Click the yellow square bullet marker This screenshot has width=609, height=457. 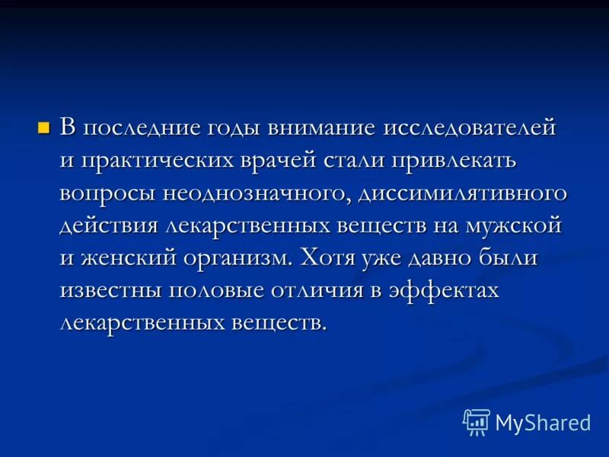point(43,126)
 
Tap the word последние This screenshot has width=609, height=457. point(142,127)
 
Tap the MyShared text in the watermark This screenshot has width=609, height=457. point(543,423)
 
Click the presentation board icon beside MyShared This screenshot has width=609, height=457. point(477,423)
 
